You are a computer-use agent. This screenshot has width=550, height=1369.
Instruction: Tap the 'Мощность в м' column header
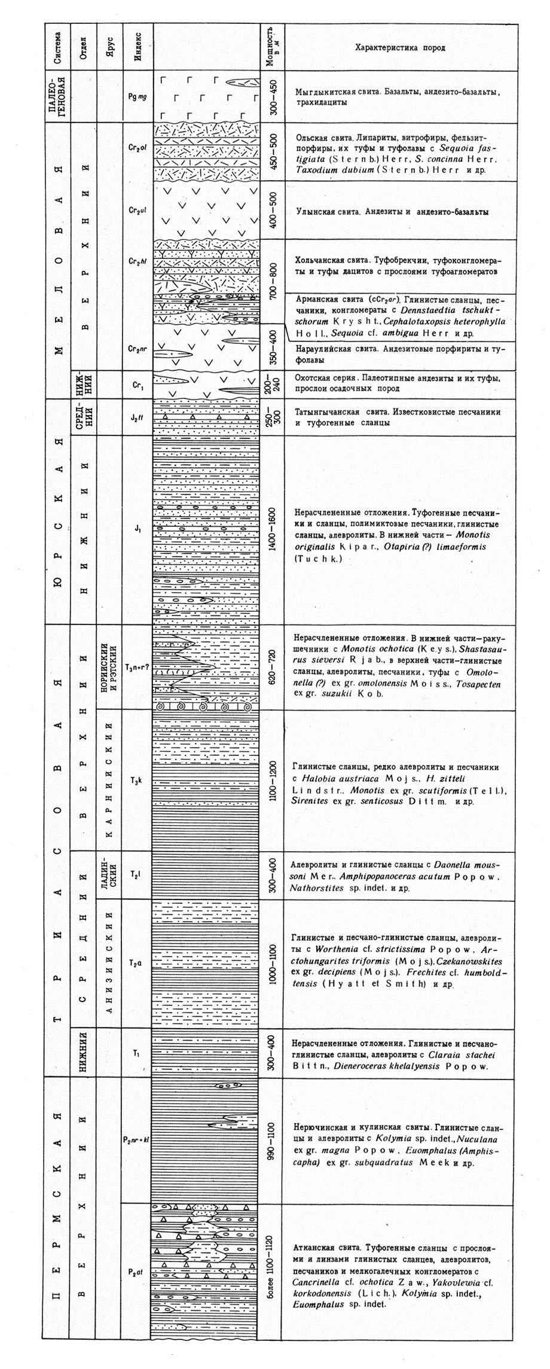272,47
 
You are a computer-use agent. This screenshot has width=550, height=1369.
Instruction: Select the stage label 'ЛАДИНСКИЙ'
108,875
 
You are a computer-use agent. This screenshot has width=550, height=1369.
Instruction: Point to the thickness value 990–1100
272,1141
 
